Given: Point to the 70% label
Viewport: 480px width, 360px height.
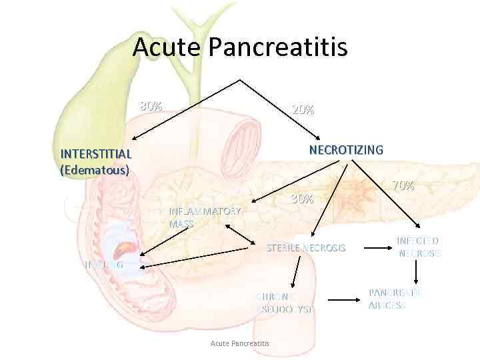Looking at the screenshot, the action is [x=403, y=186].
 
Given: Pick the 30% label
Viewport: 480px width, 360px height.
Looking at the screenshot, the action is [x=303, y=199].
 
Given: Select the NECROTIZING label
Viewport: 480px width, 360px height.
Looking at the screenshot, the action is [x=346, y=150].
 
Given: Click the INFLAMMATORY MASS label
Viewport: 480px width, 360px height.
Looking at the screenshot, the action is [x=205, y=217].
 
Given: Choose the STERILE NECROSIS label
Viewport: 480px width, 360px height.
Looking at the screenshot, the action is [x=306, y=248].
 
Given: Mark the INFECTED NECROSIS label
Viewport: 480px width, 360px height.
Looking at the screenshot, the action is [x=419, y=247].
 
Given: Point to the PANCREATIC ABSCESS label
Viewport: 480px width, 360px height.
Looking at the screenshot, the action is [x=395, y=299].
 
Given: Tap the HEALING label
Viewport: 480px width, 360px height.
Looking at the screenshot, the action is [x=104, y=265].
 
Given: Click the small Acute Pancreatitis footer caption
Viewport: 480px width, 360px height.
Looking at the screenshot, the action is [x=239, y=343].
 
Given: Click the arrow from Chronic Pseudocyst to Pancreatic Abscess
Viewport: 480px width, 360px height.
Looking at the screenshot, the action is [x=345, y=299].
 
